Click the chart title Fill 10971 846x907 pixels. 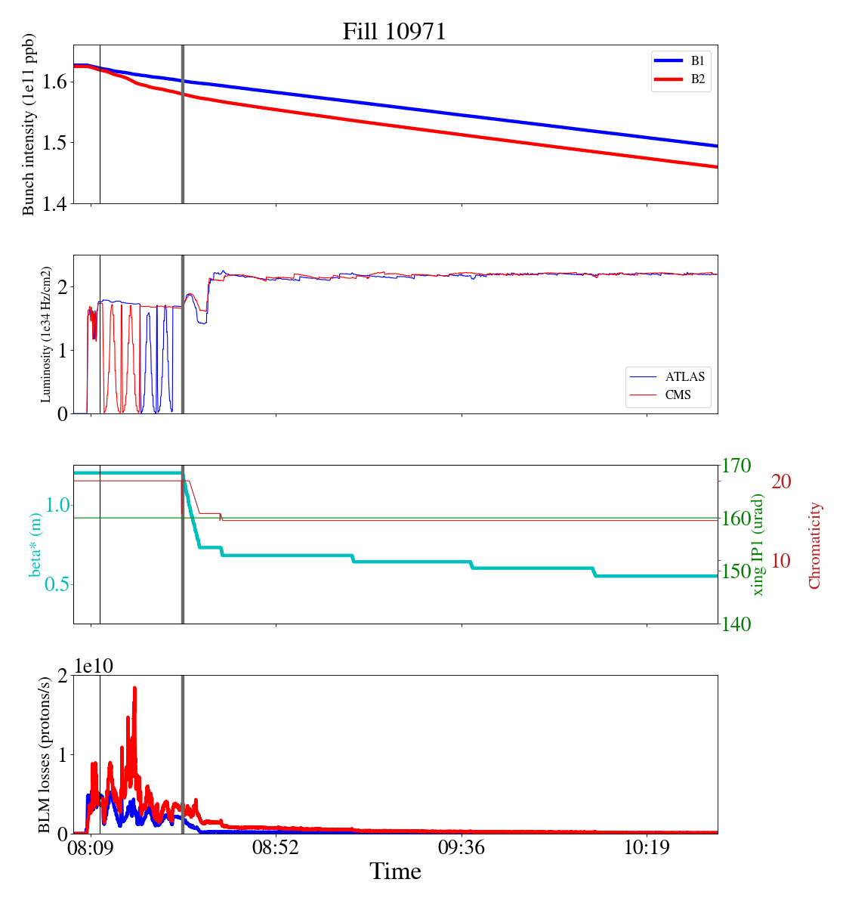point(394,32)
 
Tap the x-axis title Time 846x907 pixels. point(395,871)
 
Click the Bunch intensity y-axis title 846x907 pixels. point(29,125)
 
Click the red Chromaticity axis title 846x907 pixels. point(814,545)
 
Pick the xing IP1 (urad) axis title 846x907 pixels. point(758,544)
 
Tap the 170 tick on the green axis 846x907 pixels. point(737,466)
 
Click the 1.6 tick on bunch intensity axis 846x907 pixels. point(57,82)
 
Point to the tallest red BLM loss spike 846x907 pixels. point(134,689)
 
